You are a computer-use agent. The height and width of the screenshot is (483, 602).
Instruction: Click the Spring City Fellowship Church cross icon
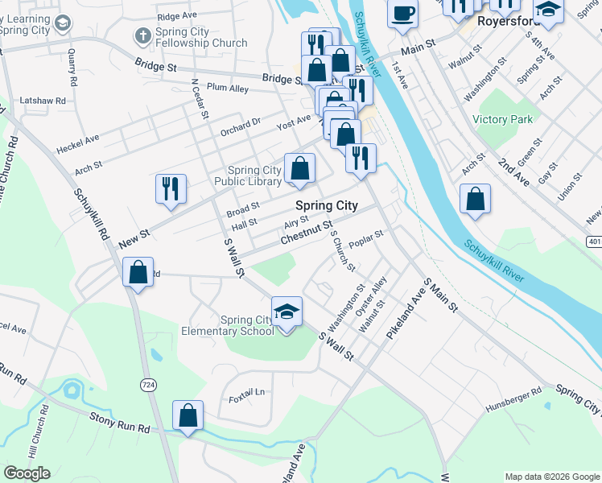pyautogui.click(x=142, y=36)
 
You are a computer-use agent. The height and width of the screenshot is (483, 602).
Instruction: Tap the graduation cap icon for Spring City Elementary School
pyautogui.click(x=287, y=312)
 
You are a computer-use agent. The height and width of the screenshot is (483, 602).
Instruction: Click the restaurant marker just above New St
pyautogui.click(x=171, y=188)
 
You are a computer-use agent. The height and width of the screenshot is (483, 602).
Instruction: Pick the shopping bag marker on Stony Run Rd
pyautogui.click(x=188, y=415)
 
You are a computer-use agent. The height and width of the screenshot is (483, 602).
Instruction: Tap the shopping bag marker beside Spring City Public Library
pyautogui.click(x=299, y=168)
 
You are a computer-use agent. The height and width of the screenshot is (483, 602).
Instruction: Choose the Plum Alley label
pyautogui.click(x=228, y=88)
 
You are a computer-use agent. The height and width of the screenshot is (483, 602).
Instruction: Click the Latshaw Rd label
pyautogui.click(x=41, y=101)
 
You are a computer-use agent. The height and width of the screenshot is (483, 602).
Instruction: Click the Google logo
pyautogui.click(x=27, y=473)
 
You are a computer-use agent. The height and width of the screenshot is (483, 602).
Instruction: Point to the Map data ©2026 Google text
pyautogui.click(x=551, y=477)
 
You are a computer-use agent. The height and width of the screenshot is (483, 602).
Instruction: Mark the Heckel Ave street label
pyautogui.click(x=77, y=144)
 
